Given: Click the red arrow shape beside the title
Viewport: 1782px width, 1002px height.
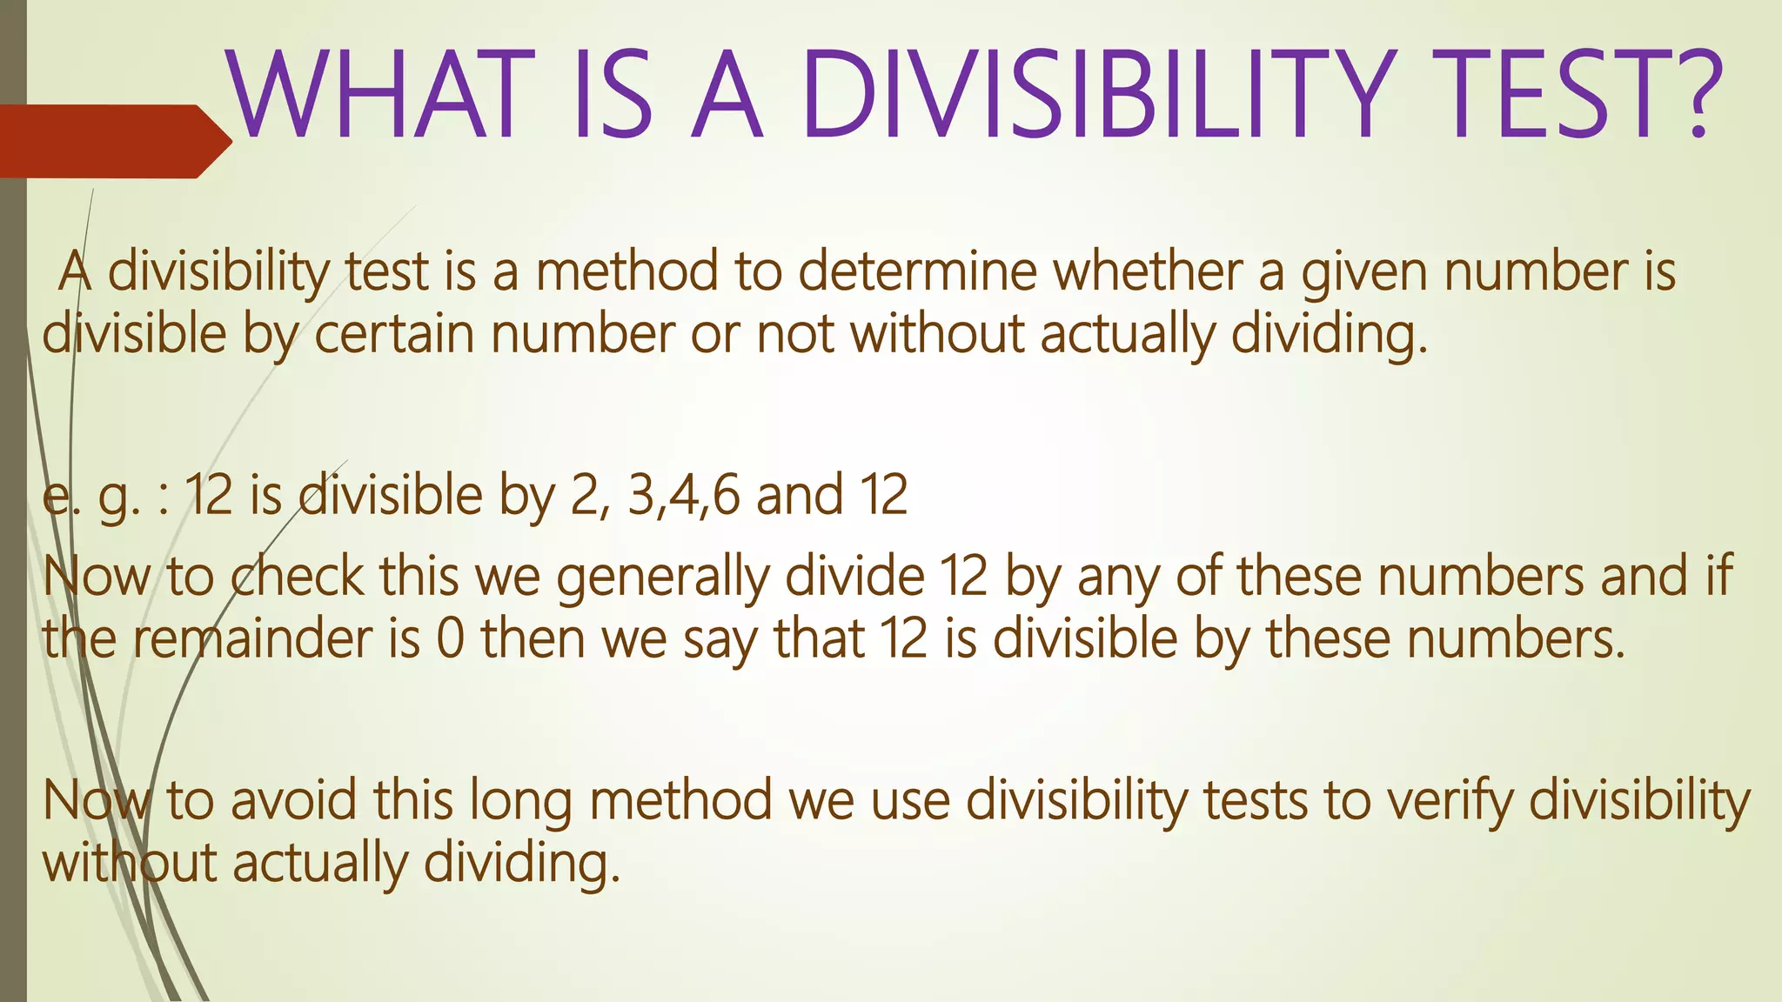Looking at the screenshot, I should [x=113, y=141].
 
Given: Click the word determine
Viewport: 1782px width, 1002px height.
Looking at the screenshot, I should [x=918, y=271].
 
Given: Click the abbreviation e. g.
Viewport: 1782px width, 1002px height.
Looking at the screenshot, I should [x=91, y=496].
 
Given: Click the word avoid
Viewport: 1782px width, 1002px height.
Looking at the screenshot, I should [x=294, y=800].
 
